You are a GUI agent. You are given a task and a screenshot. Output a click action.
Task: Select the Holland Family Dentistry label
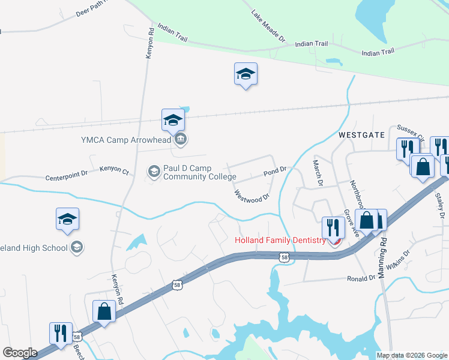click(280, 241)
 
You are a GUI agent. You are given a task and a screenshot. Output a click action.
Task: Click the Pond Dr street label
click(276, 172)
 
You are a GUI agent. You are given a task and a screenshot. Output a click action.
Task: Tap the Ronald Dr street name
click(362, 278)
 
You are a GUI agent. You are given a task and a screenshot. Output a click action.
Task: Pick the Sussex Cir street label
click(410, 131)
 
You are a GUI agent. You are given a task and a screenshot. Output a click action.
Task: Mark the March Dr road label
click(318, 173)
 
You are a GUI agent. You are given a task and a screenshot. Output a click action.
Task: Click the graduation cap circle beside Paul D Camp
click(154, 172)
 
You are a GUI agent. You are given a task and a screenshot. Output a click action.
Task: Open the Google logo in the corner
click(20, 353)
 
